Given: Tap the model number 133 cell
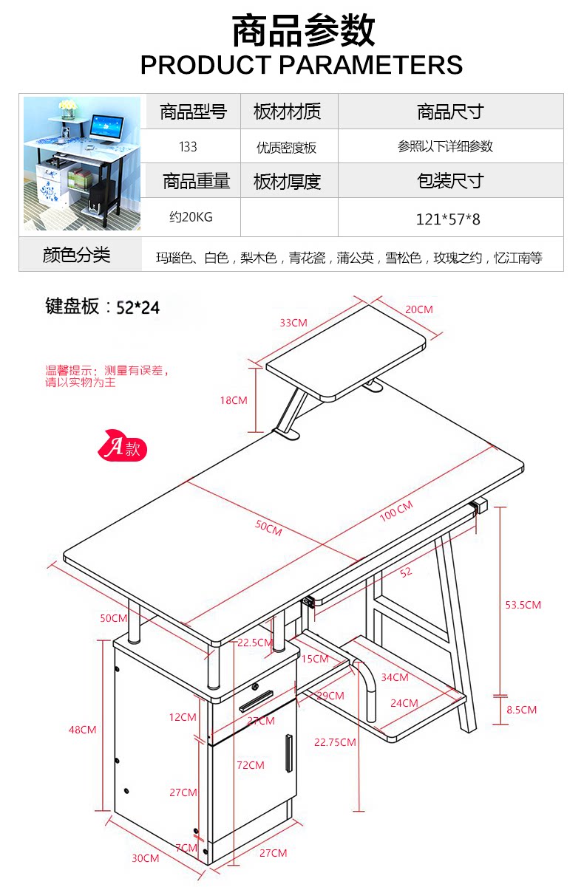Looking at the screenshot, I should (x=188, y=147).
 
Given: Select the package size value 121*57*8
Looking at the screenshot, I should (x=449, y=219).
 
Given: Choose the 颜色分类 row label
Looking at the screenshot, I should (x=77, y=256).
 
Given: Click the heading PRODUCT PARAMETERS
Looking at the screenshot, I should (x=302, y=65).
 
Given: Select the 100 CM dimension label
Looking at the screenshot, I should (x=396, y=510).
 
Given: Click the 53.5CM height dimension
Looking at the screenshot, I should (x=523, y=605).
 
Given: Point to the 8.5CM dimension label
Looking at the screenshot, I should (x=521, y=710).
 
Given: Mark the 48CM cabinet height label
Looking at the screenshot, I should (x=83, y=730).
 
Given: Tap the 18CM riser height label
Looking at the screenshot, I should (x=234, y=400).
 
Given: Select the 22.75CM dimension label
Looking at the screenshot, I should (x=335, y=742).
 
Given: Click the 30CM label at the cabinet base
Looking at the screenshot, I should (x=146, y=858).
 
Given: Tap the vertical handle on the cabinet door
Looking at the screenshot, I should (x=288, y=753).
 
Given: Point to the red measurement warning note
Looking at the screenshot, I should (x=106, y=376).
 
